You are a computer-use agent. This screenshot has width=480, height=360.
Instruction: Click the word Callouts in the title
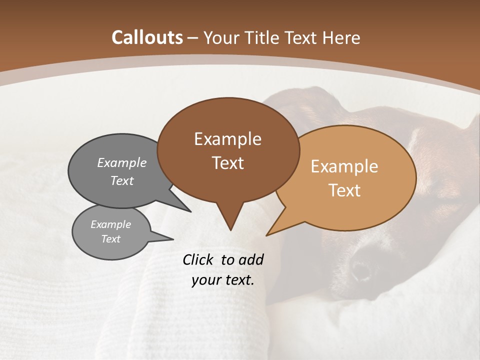pos(147,37)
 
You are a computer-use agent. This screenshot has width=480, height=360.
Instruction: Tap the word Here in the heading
pos(341,37)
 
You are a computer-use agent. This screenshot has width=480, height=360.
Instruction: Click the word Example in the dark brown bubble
pos(227,139)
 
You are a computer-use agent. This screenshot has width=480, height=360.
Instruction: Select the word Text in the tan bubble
pos(344,190)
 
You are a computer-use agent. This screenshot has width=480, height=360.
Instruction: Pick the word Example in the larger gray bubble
pos(122,162)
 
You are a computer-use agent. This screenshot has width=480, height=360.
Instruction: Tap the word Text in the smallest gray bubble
pos(110,239)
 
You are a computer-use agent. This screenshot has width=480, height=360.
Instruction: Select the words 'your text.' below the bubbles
pos(223,280)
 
